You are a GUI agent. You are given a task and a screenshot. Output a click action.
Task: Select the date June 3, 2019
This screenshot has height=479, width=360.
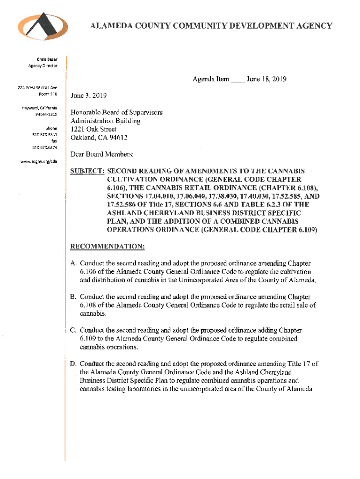coord(88,96)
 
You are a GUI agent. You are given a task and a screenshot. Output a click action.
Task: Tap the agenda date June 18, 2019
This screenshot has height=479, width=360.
coord(266,80)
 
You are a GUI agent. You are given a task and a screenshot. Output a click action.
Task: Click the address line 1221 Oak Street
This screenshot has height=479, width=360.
coord(94,129)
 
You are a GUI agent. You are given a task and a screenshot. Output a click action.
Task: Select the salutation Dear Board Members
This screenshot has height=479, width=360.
coord(102,154)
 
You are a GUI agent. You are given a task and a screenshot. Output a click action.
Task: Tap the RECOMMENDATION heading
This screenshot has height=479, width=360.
coord(107,246)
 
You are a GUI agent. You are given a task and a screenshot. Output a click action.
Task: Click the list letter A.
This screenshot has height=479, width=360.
coord(73,264)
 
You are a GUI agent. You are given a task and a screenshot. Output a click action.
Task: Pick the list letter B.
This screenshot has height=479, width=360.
coord(73,297)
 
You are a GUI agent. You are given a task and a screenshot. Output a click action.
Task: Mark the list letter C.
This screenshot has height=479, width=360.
coord(73,330)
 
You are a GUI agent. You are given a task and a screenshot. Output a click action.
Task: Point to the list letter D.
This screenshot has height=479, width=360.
coord(73,363)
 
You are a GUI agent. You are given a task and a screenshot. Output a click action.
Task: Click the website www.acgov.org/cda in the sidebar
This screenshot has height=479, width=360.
coord(41,161)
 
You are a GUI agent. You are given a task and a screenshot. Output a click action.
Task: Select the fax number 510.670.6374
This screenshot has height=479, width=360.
coord(45,147)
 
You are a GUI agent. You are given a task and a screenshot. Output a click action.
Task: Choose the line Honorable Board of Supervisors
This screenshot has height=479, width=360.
coord(116,113)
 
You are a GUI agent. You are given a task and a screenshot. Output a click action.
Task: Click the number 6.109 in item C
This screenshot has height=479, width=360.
coord(89,339)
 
